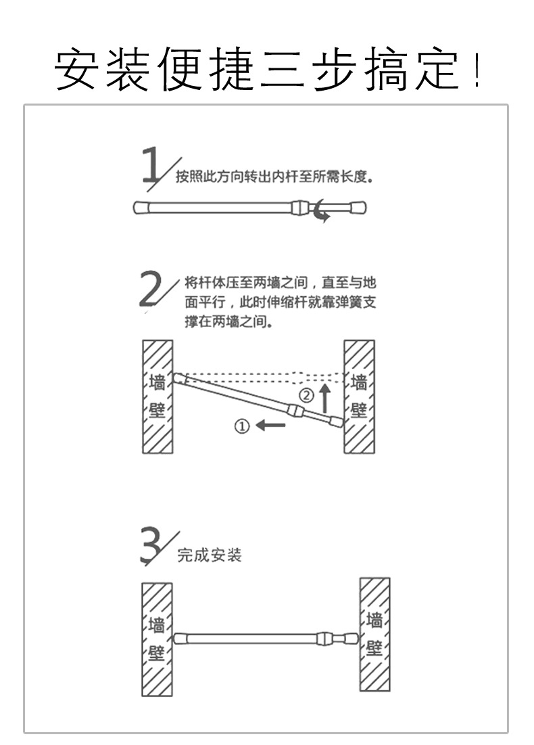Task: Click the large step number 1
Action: pos(152,164)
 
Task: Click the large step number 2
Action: pos(151,290)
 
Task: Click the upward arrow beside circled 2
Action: pos(325,398)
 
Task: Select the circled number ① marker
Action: pos(242,426)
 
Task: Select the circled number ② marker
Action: pos(306,395)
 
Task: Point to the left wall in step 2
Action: pos(157,396)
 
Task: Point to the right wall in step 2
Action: pos(359,396)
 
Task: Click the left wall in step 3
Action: pos(157,639)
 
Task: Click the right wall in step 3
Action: pos(374,634)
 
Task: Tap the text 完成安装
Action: pos(209,556)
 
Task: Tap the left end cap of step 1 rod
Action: pos(141,207)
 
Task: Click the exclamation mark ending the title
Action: pos(477,71)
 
